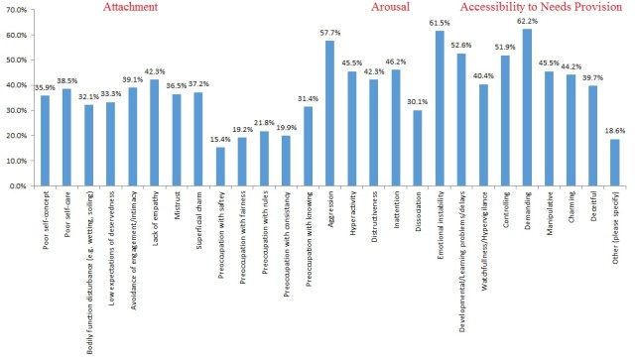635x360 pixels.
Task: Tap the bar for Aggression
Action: coord(329,113)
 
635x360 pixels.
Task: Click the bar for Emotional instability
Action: coord(439,108)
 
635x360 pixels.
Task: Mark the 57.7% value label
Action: coord(329,33)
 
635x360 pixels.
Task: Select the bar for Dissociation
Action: coord(417,148)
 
